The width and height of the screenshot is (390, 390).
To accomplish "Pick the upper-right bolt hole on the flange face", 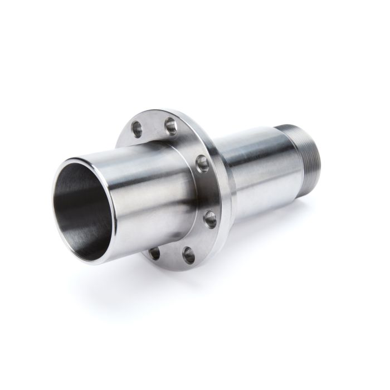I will (x=202, y=163).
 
